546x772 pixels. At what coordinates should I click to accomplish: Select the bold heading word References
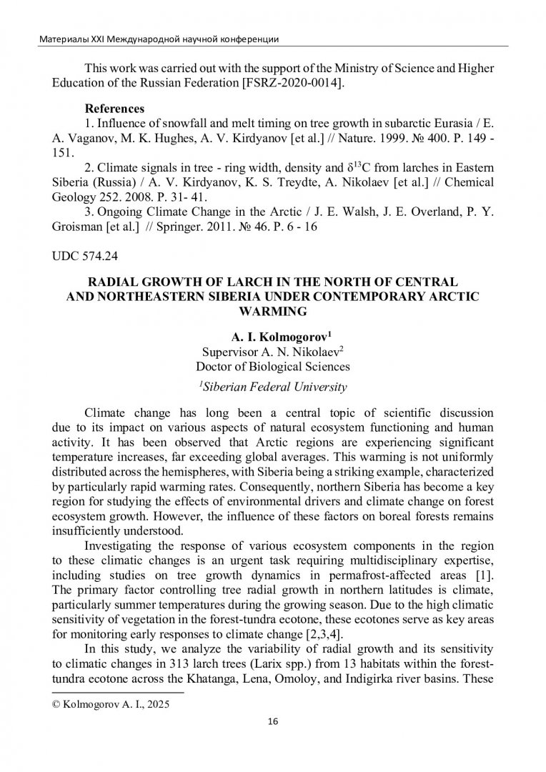(x=114, y=109)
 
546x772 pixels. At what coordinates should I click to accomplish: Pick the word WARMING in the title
(x=272, y=311)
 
